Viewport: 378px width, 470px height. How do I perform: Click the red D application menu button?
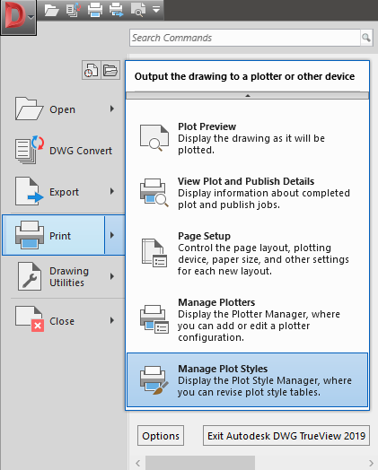point(18,17)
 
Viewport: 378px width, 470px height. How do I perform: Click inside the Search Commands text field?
point(244,38)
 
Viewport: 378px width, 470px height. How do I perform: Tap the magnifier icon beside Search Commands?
point(366,38)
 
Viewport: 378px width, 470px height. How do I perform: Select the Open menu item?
point(64,109)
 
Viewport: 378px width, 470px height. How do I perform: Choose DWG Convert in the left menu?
point(64,150)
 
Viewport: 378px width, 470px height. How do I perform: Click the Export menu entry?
point(64,192)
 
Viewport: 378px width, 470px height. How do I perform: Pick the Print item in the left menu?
point(53,235)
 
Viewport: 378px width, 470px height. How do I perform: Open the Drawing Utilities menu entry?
point(64,276)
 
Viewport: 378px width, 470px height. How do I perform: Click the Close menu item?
point(64,321)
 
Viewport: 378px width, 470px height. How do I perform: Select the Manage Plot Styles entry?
point(248,380)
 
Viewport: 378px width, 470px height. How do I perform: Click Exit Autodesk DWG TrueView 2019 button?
point(286,436)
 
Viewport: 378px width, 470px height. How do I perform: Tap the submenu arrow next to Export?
point(112,192)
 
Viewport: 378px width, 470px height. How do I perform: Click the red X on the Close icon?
point(38,326)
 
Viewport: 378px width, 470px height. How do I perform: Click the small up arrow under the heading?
point(248,96)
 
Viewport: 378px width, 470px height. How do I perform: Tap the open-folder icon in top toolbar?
point(51,10)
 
